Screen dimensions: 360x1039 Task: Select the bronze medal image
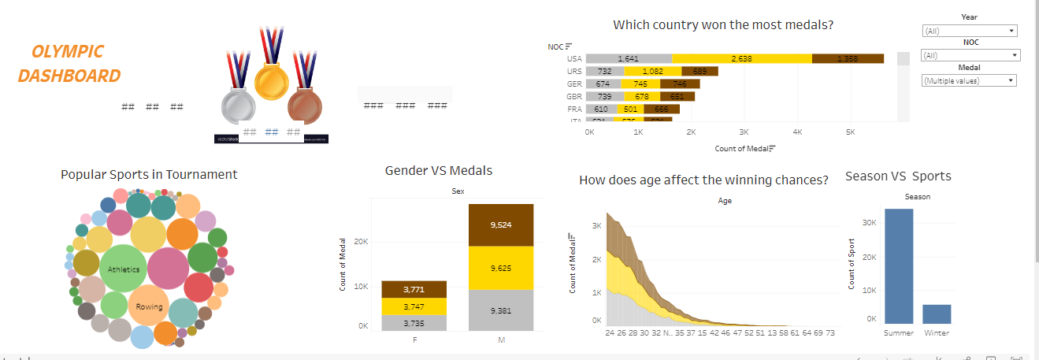305,107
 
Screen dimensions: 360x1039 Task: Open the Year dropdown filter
969,32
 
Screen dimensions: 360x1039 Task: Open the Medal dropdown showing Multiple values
969,80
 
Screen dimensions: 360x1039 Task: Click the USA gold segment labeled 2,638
741,59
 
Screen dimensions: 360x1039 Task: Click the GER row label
574,84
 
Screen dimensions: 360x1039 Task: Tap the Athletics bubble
123,269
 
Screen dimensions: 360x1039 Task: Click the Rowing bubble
149,306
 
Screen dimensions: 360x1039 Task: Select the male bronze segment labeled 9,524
501,225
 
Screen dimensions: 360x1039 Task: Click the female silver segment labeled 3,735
414,323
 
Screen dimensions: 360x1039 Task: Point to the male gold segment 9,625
501,268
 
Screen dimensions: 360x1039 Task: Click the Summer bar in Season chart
899,265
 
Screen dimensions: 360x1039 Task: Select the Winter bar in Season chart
937,314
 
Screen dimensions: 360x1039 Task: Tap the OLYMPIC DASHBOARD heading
69,64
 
